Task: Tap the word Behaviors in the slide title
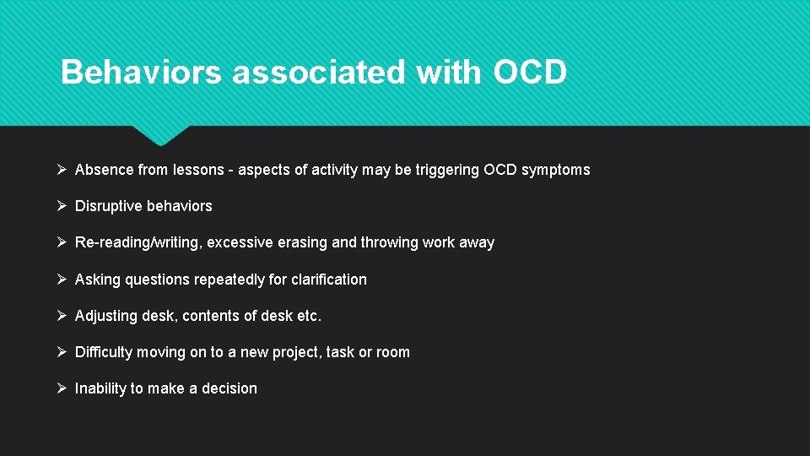[141, 73]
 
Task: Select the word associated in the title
[319, 73]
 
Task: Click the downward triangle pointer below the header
[160, 135]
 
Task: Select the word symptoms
[556, 170]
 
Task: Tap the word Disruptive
[109, 206]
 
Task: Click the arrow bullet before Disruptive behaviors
[62, 206]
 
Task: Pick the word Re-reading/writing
[139, 242]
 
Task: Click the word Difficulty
[104, 352]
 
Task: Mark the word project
[294, 352]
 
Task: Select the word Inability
[100, 388]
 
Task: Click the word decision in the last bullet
[229, 388]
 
